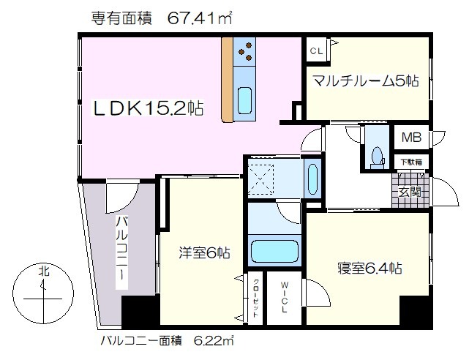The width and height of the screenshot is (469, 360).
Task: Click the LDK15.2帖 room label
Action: click(x=149, y=108)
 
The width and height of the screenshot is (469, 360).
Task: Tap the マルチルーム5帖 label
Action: click(x=366, y=80)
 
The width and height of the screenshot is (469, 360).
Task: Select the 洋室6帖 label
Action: click(x=205, y=252)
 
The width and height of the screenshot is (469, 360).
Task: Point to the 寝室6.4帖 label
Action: click(x=369, y=268)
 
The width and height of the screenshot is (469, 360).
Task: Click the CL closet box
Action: click(x=317, y=50)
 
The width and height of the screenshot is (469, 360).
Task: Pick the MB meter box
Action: click(x=412, y=138)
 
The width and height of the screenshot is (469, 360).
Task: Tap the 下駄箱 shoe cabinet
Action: click(x=411, y=162)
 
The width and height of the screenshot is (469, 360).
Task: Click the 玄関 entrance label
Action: click(x=410, y=192)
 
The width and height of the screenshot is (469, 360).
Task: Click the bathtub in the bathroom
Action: click(x=275, y=251)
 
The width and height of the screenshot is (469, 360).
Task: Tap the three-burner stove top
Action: click(x=244, y=52)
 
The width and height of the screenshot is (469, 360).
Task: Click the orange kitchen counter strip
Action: click(x=227, y=80)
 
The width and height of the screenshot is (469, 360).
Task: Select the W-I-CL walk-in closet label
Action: click(x=284, y=297)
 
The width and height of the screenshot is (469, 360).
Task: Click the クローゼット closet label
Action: click(x=256, y=298)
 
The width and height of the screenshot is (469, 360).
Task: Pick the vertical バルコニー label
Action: click(x=121, y=252)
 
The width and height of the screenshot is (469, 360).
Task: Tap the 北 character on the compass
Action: click(x=44, y=271)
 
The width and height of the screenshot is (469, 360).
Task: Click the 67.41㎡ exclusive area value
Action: click(x=200, y=18)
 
